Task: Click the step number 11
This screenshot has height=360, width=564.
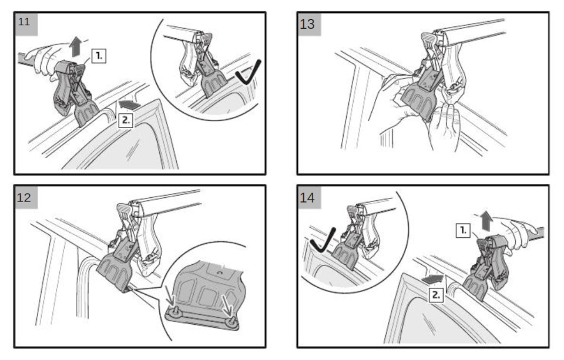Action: pos(23,22)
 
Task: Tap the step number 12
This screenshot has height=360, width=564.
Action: pos(24,197)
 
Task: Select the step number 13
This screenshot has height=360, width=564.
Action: pos(307,24)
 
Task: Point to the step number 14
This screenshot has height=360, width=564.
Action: pos(307,197)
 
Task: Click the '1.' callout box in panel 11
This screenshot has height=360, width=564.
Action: pos(99,56)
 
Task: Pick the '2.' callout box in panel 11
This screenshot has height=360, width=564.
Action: pos(126,120)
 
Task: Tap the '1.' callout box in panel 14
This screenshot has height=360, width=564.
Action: pos(464,230)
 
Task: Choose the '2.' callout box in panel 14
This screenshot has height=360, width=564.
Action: pos(436,295)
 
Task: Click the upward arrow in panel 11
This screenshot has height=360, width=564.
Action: pos(76,46)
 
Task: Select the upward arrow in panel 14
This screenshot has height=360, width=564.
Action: pos(486,221)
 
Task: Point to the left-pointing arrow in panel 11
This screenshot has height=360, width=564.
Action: pos(129,105)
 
